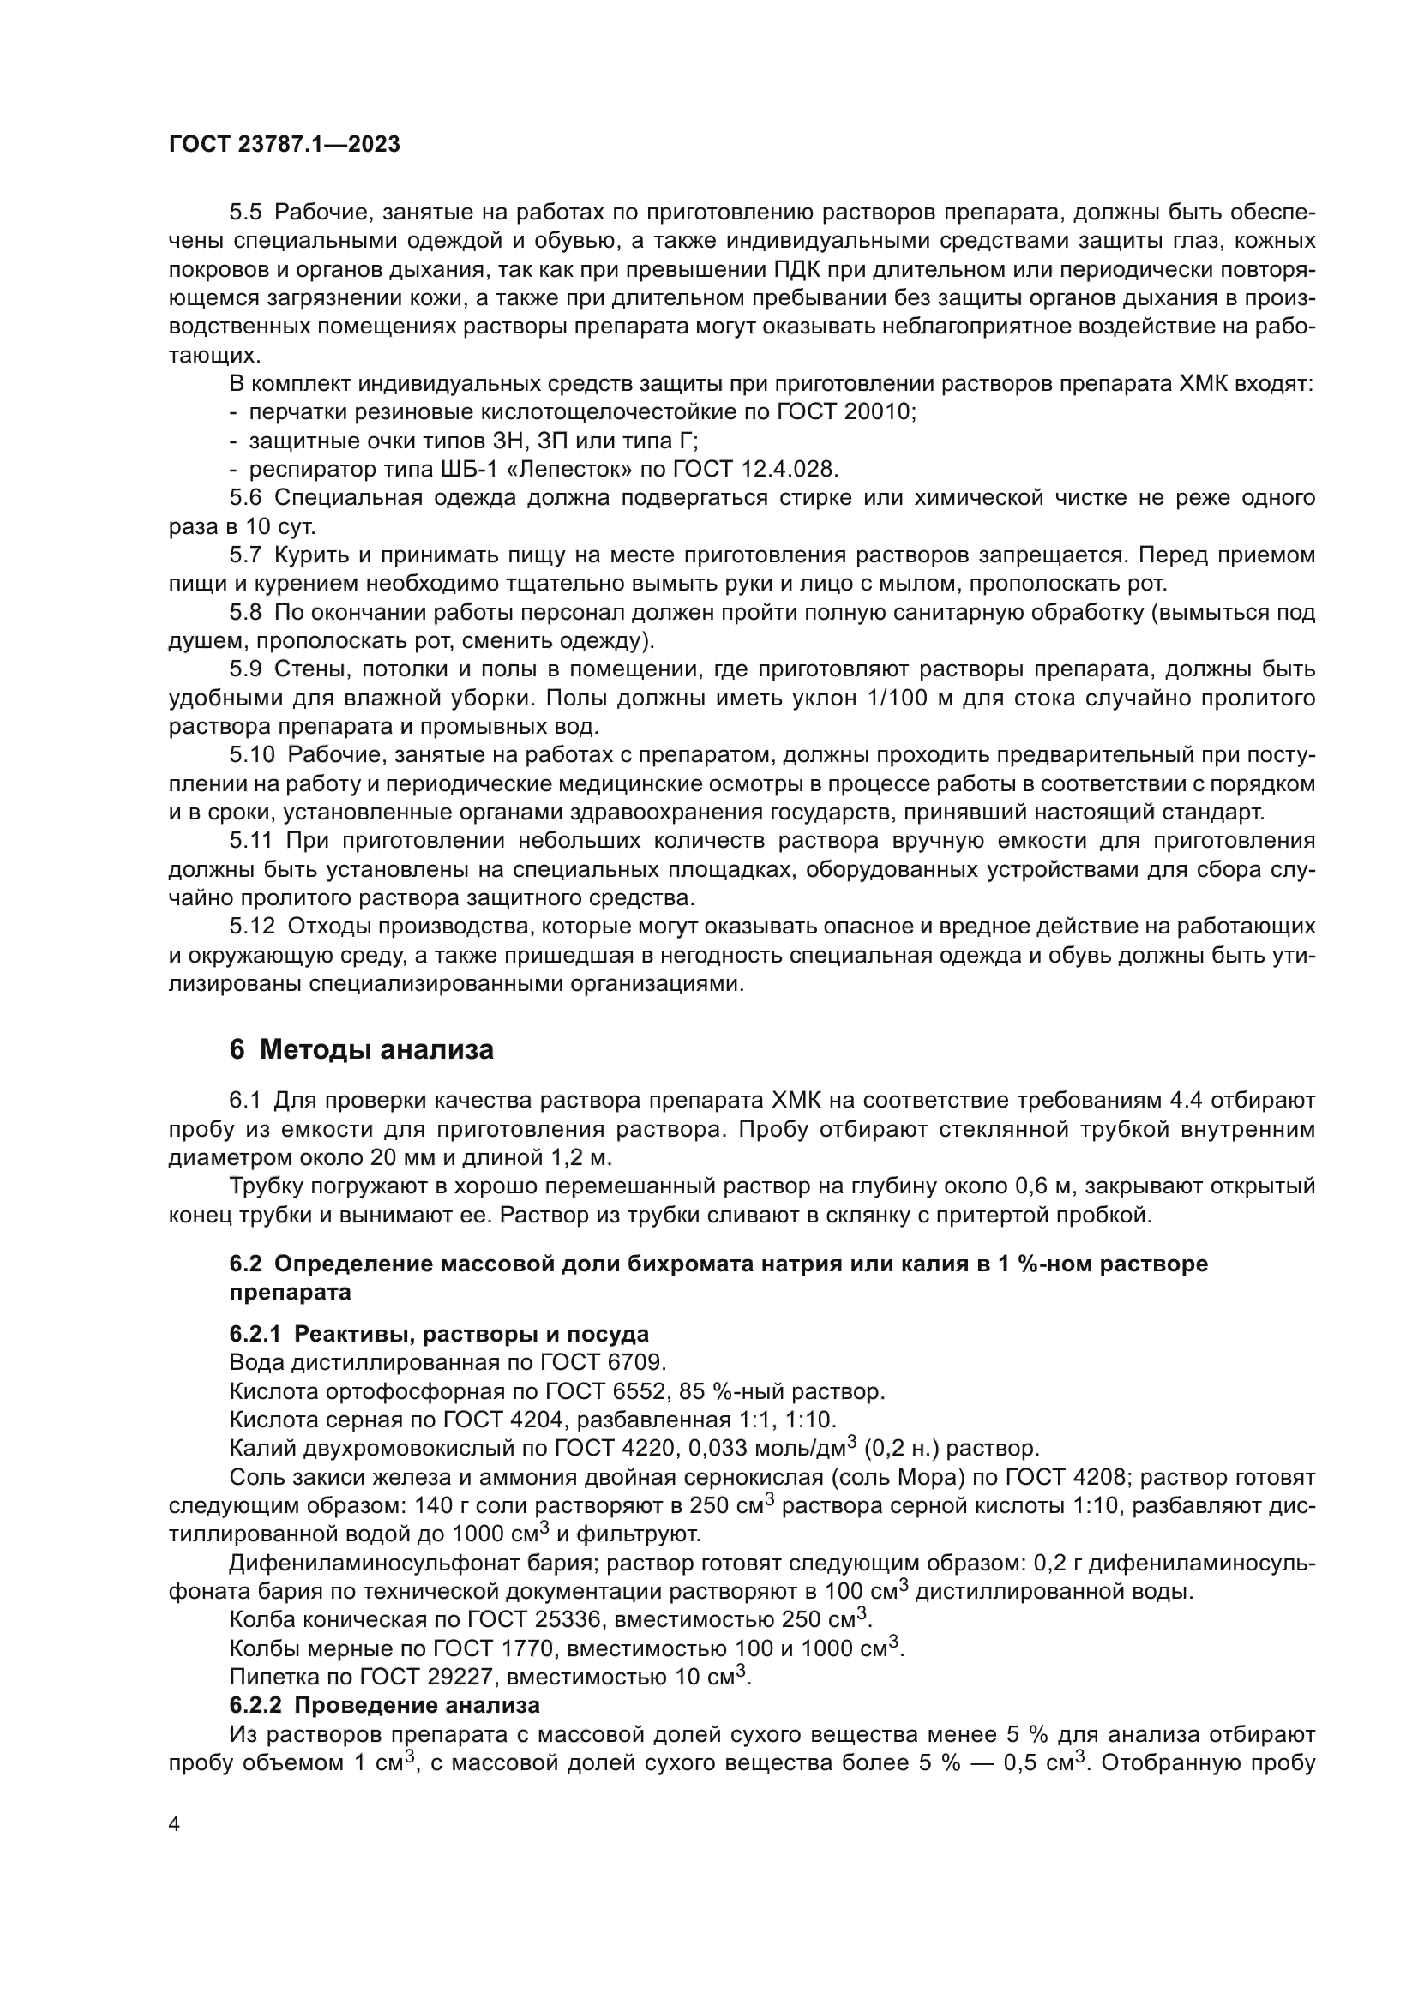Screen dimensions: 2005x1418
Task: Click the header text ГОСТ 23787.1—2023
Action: tap(284, 145)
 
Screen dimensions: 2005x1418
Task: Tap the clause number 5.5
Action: tap(245, 213)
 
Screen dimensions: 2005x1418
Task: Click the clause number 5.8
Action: tap(245, 613)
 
